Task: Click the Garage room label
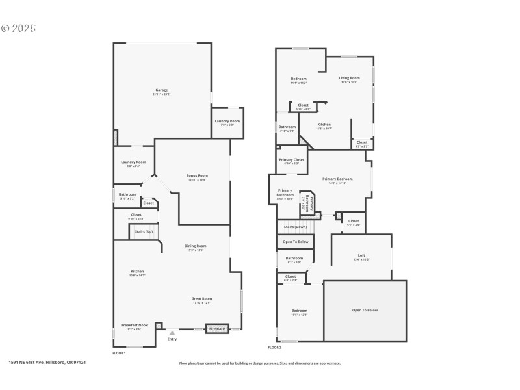(161, 90)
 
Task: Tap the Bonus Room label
(196, 175)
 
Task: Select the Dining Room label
(195, 246)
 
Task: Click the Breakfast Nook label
(134, 325)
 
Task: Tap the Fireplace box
(217, 328)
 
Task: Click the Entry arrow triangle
(172, 333)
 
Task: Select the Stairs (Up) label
(144, 231)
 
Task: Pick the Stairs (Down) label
(296, 227)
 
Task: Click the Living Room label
(349, 78)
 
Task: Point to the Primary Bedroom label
(337, 179)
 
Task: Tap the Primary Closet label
(291, 159)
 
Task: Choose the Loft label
(361, 255)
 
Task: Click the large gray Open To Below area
(365, 310)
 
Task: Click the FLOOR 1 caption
(119, 353)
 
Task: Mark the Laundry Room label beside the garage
(227, 122)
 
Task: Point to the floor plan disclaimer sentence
(259, 363)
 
